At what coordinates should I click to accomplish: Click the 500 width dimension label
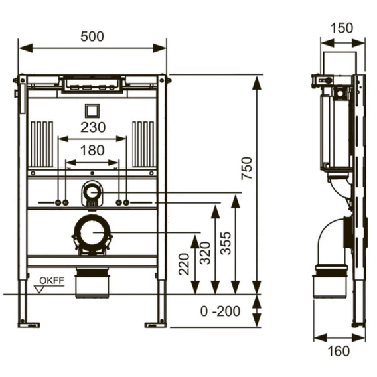click(92, 37)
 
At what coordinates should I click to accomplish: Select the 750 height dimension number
click(247, 168)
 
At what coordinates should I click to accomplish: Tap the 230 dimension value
click(93, 127)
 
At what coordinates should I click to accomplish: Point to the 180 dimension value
click(92, 150)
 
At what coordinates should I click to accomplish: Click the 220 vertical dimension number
click(184, 264)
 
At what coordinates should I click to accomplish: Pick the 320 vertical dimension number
click(205, 253)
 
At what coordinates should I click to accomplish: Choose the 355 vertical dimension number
click(226, 243)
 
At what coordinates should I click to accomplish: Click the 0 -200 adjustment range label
click(220, 311)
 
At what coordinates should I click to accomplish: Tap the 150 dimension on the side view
click(342, 28)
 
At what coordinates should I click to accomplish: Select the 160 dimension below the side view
click(339, 351)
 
